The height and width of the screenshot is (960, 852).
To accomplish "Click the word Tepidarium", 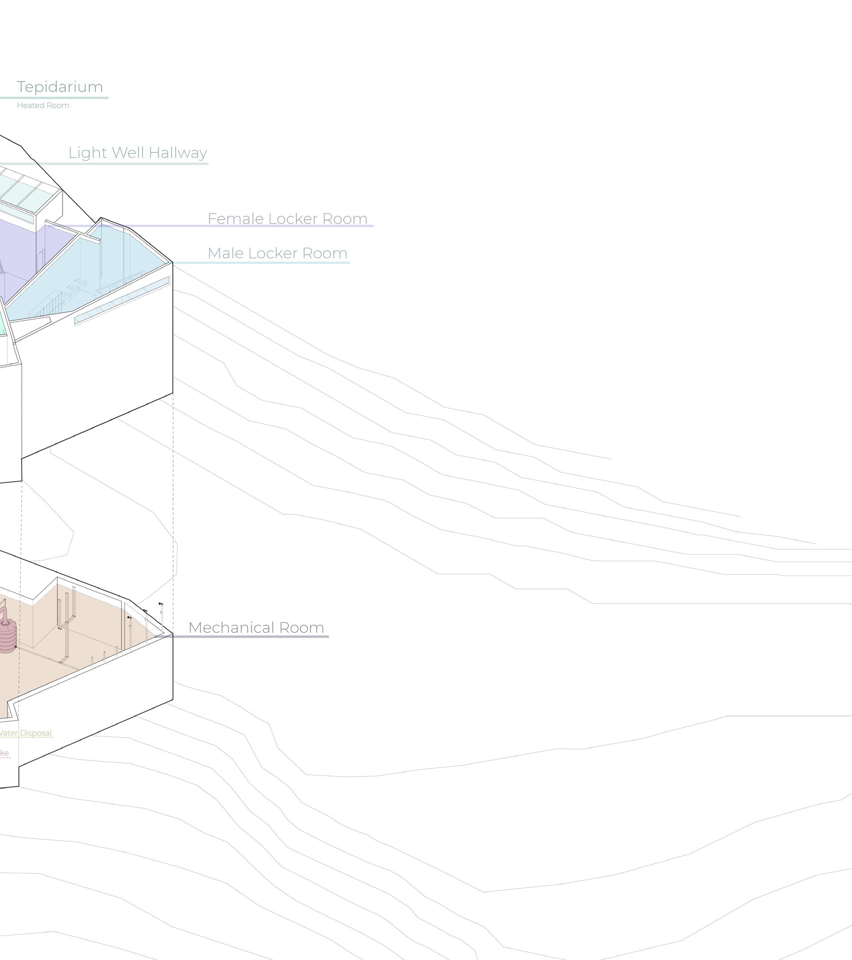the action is point(60,87).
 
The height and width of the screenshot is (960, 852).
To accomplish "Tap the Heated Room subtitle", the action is point(43,106).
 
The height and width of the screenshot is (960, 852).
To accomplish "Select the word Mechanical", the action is point(231,628).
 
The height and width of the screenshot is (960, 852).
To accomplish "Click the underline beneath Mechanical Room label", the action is point(249,637).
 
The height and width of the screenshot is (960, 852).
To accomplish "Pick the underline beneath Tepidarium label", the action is point(54,98).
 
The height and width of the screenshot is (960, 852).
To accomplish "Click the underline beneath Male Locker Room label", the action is point(263,263).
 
